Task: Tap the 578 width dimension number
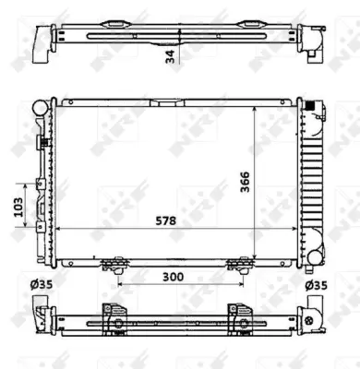click(165, 220)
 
